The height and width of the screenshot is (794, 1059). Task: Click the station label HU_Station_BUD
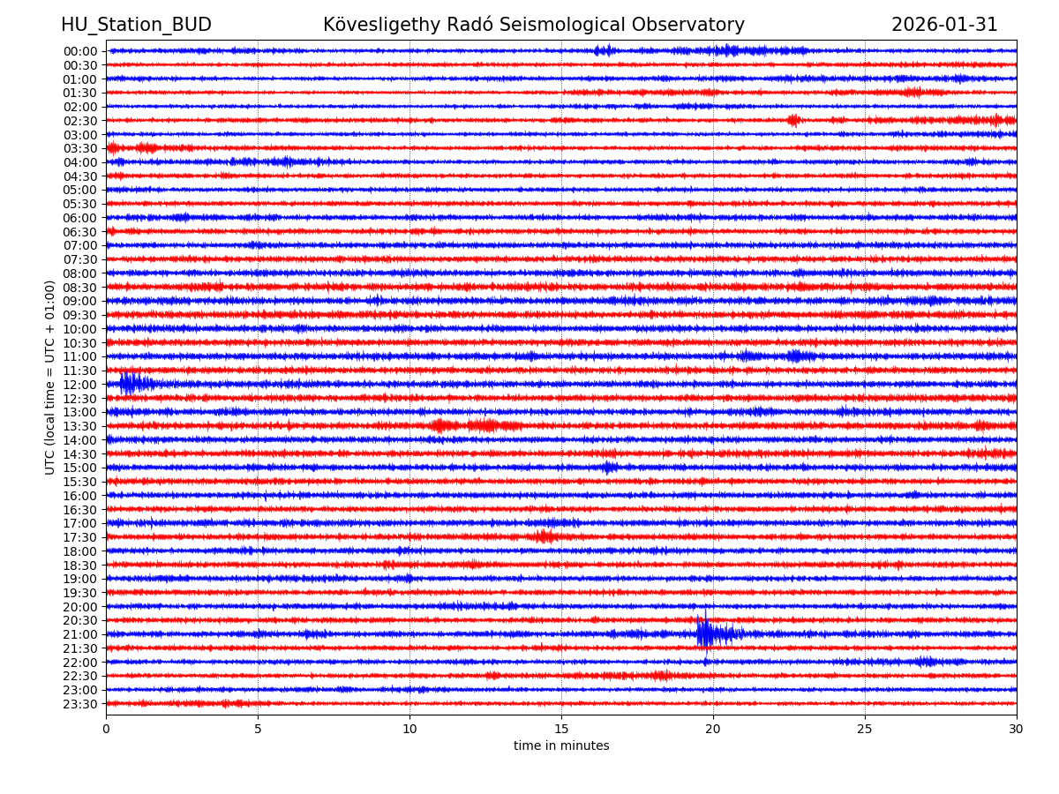pos(136,25)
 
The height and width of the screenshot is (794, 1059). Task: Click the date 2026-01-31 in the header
pos(944,25)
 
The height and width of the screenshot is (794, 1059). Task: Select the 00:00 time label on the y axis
pos(80,51)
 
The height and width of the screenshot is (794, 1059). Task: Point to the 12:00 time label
pos(80,385)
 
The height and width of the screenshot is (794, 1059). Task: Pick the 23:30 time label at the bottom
pos(80,704)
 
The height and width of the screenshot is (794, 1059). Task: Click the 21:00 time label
pos(80,634)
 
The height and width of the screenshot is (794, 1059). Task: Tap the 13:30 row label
pos(80,426)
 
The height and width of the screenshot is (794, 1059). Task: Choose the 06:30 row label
pos(80,232)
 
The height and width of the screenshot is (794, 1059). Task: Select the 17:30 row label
pos(80,537)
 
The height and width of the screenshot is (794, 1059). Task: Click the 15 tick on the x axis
pos(561,730)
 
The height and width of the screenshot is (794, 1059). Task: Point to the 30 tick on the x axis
pos(1017,730)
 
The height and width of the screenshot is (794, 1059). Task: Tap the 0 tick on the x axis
pos(106,730)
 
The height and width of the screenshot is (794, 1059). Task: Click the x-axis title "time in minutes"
pos(561,746)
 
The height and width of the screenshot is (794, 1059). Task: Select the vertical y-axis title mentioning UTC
pos(50,377)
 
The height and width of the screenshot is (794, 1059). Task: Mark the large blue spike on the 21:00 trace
pos(704,633)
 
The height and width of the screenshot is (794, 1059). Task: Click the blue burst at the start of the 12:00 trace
pos(129,384)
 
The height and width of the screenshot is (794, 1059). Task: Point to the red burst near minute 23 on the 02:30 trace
pos(793,120)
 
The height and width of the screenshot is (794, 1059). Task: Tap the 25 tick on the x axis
pos(865,730)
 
